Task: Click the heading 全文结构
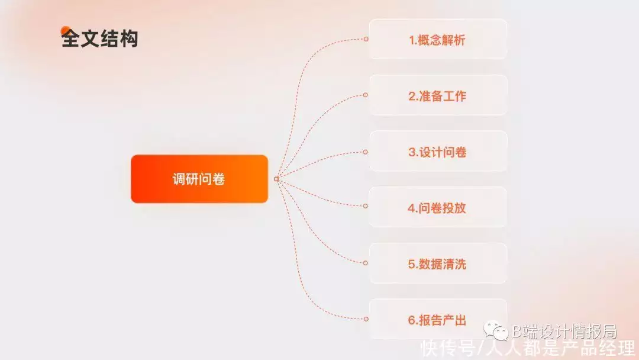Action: click(x=99, y=38)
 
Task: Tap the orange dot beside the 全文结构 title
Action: click(x=65, y=31)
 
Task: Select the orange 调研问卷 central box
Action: click(x=199, y=179)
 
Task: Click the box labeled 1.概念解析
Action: click(x=438, y=39)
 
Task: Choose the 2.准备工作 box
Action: click(x=438, y=95)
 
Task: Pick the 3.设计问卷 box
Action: click(x=438, y=151)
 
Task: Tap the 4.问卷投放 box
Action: click(x=438, y=207)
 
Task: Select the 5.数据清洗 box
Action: click(x=438, y=263)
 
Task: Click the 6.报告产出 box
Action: click(x=438, y=319)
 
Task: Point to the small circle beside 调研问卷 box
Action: click(x=276, y=179)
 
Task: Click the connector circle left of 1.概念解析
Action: click(x=366, y=39)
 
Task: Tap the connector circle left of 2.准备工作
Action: click(x=366, y=95)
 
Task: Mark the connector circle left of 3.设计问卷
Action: click(x=366, y=152)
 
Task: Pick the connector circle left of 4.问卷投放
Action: click(x=366, y=206)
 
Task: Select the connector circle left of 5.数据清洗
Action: click(x=366, y=263)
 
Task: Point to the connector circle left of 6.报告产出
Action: click(x=366, y=319)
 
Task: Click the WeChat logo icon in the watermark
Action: click(x=496, y=330)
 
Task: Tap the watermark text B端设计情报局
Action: click(x=564, y=332)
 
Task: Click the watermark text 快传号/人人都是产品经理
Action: click(x=528, y=349)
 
